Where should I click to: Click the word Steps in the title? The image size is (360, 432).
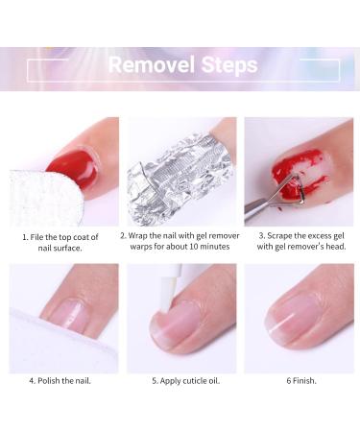[224, 65]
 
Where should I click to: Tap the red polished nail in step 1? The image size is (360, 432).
[75, 168]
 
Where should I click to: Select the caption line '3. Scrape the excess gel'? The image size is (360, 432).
[300, 234]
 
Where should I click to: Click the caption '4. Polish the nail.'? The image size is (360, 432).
[63, 380]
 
